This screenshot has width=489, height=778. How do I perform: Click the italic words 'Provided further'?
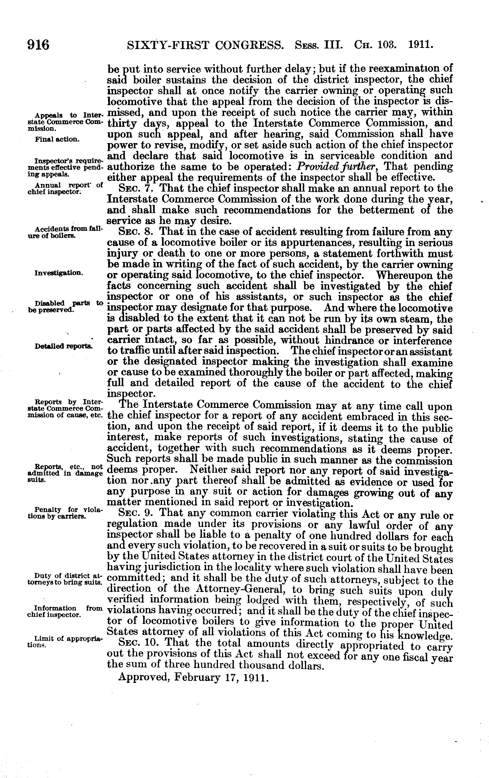[x=335, y=167]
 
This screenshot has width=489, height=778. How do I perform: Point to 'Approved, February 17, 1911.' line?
[x=194, y=677]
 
